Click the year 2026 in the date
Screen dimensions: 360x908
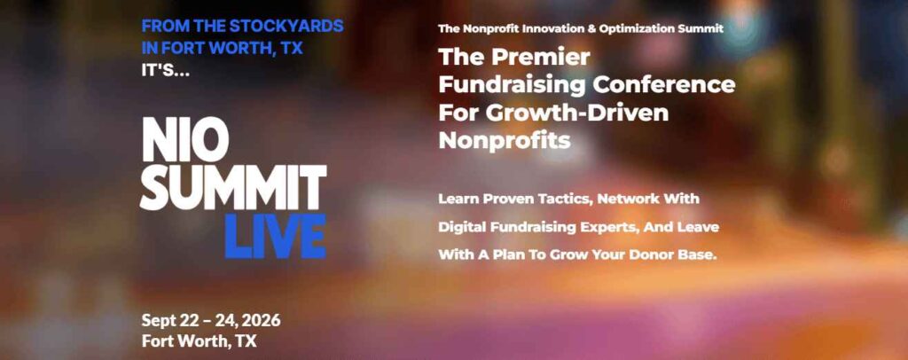[262, 321]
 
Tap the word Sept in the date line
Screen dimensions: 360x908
[159, 321]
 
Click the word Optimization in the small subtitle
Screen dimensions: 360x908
[635, 28]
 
